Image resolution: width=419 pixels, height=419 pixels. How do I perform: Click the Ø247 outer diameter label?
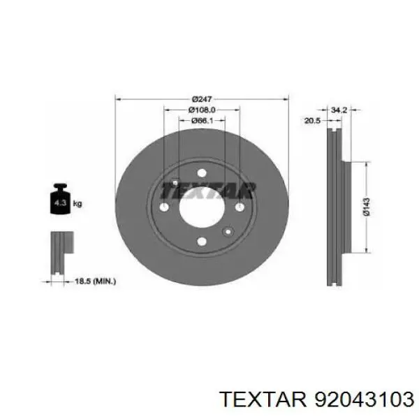pos(202,98)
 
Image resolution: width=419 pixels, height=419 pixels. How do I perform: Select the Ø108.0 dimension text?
pos(202,110)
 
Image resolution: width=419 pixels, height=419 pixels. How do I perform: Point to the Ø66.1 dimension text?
pos(202,121)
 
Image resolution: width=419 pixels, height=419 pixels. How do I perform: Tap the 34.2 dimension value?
pos(339,110)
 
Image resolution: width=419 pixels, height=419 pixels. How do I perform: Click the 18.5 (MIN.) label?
pos(95,281)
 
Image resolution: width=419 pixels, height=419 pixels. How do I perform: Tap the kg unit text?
pos(78,204)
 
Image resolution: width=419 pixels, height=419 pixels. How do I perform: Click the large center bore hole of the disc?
pos(202,207)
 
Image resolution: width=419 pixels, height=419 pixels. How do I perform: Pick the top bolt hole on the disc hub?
pos(202,174)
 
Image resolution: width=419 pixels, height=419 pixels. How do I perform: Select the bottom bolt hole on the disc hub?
pos(202,242)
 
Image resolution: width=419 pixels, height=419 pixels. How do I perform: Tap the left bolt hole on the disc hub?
pos(165,207)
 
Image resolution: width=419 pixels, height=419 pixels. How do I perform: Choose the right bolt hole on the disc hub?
pos(239,207)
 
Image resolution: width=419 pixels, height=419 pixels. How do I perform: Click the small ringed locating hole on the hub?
pos(226,232)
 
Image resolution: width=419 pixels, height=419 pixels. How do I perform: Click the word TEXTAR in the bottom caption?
pos(262,399)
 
